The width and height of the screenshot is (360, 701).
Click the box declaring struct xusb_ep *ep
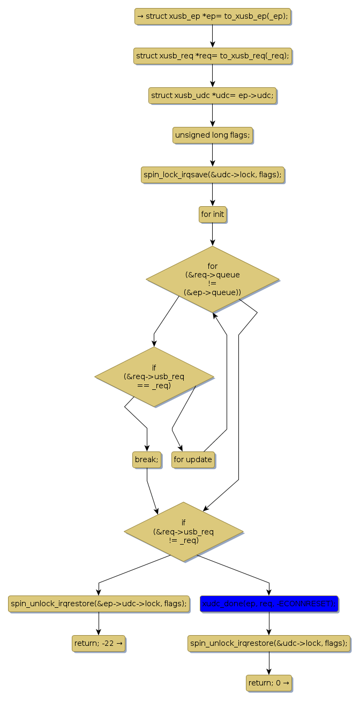[x=213, y=16]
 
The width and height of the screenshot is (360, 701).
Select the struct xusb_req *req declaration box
[x=213, y=56]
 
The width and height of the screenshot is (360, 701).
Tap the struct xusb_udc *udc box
[x=213, y=95]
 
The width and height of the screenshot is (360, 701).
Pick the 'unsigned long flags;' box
[x=213, y=135]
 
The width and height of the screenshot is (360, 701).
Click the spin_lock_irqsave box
[x=213, y=175]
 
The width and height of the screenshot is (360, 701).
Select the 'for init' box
[x=213, y=214]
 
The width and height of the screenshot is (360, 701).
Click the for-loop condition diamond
[x=213, y=279]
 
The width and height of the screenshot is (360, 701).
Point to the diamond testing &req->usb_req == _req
[x=154, y=376]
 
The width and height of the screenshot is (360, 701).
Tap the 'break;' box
[x=147, y=459]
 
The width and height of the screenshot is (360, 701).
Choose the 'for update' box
[x=193, y=459]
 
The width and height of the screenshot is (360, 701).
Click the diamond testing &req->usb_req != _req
[x=184, y=531]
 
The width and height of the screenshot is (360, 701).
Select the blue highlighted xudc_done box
[x=269, y=604]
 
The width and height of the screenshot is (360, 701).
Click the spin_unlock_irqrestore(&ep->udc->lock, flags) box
[x=99, y=604]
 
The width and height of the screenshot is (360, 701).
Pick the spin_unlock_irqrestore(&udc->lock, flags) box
[x=269, y=643]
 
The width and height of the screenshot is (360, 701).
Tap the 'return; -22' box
[x=99, y=643]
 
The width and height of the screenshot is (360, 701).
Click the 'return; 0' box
[x=269, y=683]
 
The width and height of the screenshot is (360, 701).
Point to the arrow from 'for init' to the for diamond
[x=213, y=233]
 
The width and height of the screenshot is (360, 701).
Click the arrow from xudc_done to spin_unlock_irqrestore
[x=269, y=623]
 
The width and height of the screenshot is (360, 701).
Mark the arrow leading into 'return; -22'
[x=99, y=623]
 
